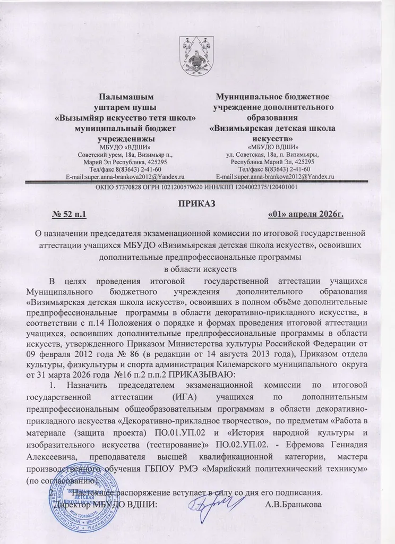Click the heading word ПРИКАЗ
click(197, 202)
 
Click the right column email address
click(275, 176)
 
